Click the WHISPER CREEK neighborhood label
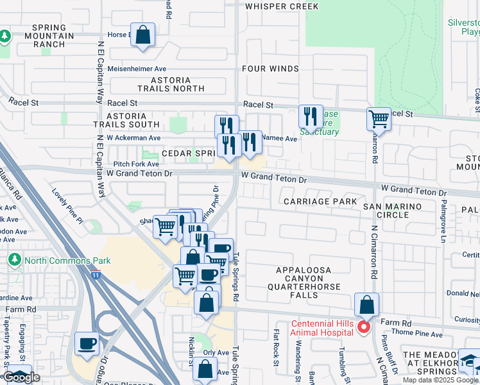[x=281, y=6]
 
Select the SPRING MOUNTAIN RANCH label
[x=49, y=36]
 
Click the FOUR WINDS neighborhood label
[x=270, y=69]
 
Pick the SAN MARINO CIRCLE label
[x=393, y=210]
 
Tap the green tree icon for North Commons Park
[x=14, y=261]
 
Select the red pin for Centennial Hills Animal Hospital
[x=363, y=327]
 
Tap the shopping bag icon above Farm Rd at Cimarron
[x=366, y=304]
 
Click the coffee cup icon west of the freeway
[x=87, y=343]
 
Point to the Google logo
[x=21, y=378]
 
